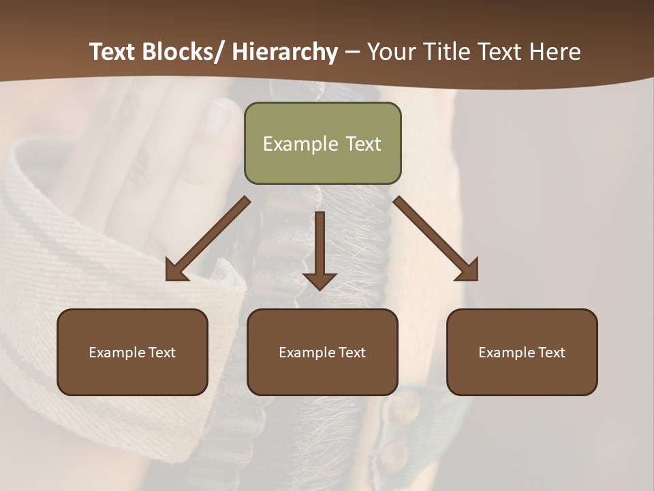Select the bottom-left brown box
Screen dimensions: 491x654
click(132, 352)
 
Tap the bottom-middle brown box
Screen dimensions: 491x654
click(322, 352)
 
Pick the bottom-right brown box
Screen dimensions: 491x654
click(522, 352)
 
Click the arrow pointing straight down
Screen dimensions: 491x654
click(320, 249)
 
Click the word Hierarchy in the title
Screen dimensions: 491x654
click(285, 52)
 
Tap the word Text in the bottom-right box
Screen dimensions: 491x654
click(551, 353)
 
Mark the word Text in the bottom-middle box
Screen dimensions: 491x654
click(352, 353)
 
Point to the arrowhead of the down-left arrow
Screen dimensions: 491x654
click(176, 271)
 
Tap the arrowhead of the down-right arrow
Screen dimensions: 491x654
click(468, 271)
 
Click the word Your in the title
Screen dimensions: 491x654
click(390, 52)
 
